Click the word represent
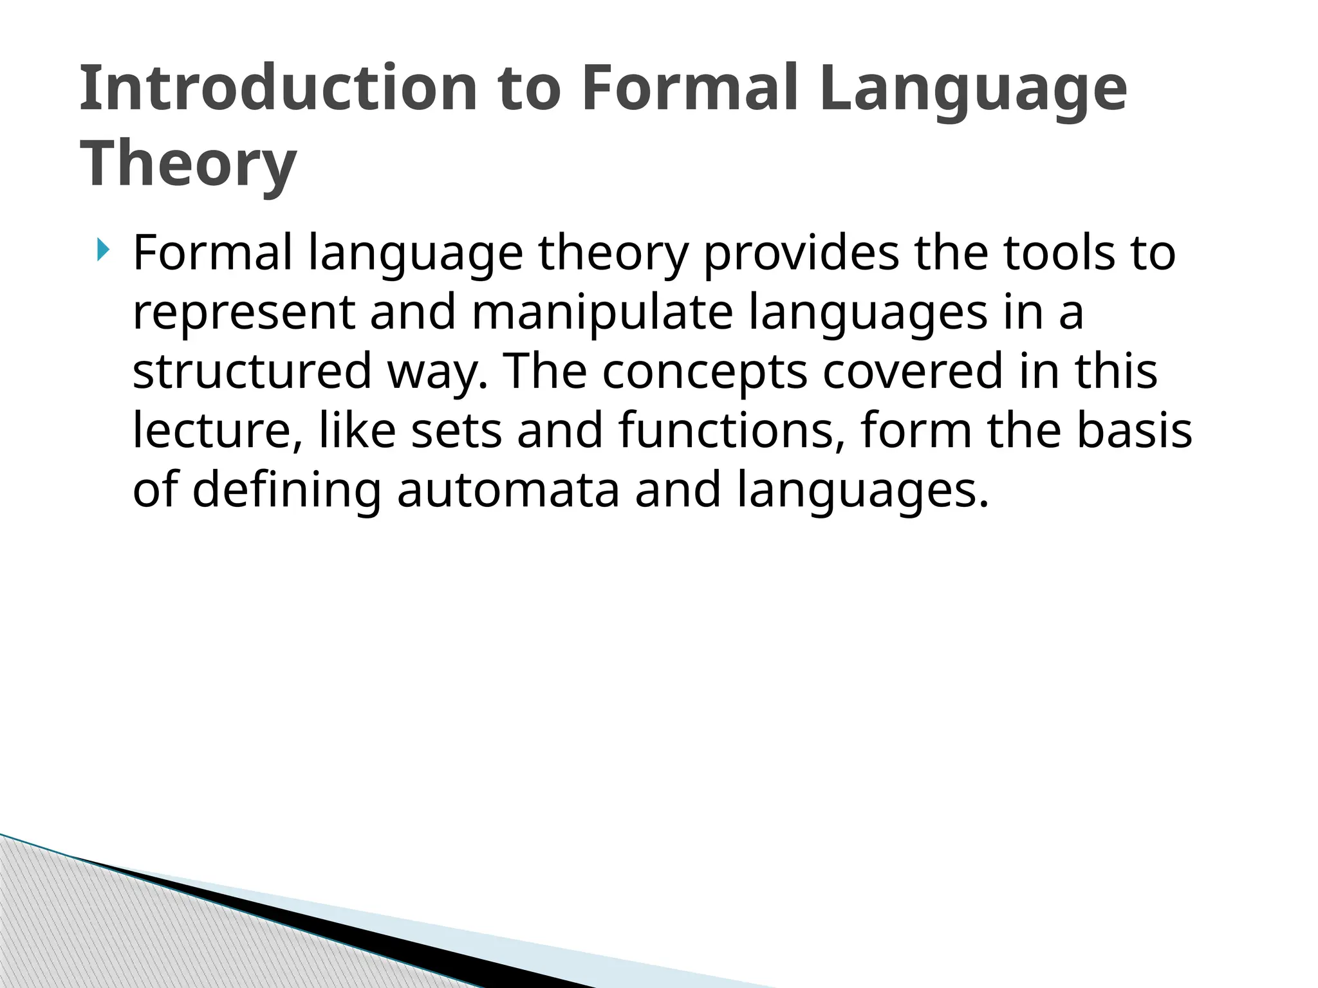tap(244, 313)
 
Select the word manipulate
tap(602, 313)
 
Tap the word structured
tap(252, 372)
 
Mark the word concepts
tap(705, 372)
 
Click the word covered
tap(913, 372)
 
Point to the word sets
tap(456, 431)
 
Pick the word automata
tap(508, 490)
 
